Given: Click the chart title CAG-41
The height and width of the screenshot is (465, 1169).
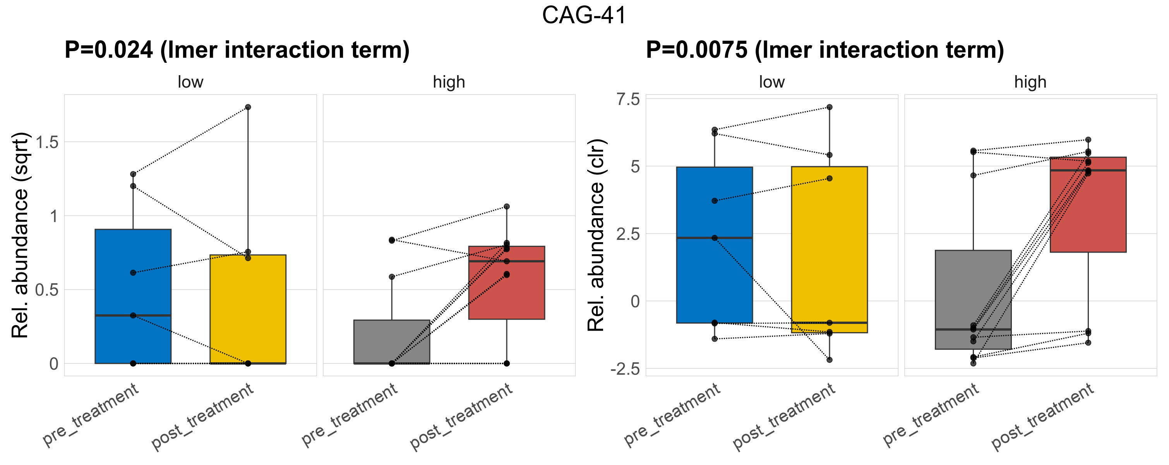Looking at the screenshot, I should pos(584,15).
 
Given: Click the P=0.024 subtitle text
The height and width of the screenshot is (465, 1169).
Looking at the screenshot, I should pos(237,50).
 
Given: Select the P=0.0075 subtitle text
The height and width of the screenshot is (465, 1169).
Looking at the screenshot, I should pos(824,50).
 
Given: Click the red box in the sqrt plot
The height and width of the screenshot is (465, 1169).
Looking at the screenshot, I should pos(506,291).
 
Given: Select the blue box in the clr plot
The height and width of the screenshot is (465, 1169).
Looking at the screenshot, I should pos(714,272).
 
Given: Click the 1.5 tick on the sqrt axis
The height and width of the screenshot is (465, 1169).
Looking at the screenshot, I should pos(47,142).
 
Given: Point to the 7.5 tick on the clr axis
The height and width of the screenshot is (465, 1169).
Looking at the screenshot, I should pos(627,100).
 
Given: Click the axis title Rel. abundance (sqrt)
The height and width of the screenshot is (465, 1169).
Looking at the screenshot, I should pos(20,235).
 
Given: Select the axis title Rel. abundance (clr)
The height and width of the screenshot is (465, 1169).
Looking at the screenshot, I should pos(596,235).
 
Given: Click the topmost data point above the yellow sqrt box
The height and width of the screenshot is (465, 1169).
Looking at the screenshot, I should pos(248,107).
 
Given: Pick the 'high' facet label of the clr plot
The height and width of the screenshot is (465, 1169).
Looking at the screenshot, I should pos(1030,82).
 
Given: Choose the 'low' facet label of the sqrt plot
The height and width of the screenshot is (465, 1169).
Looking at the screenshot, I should pos(190,82).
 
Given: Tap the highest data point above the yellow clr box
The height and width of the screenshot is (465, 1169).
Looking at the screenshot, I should pos(829,107).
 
